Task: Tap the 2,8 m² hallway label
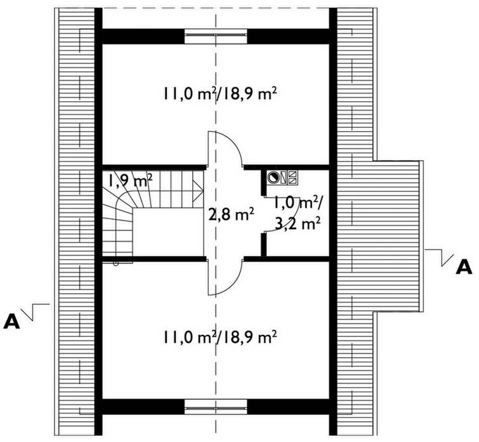[231, 215]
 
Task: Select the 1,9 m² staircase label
[129, 180]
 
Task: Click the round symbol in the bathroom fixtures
[274, 177]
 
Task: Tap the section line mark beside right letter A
[440, 257]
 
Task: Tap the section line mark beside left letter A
[36, 310]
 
